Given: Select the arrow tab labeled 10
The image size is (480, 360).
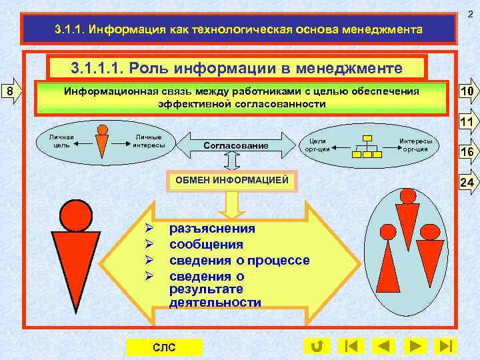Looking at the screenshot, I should point(467,92).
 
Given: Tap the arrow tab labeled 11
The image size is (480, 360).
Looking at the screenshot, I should point(467,123).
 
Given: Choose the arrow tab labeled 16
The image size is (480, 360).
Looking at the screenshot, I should point(467,153).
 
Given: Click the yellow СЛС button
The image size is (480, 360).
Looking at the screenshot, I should point(164,347).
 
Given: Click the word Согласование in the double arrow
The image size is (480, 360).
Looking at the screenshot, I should point(235,145).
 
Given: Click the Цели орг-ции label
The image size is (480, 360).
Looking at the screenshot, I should point(317,145).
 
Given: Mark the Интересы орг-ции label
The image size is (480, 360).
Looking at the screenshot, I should point(415,145).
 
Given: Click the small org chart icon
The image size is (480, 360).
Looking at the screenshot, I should point(367,145).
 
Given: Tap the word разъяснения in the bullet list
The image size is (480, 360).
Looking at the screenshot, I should point(212,229).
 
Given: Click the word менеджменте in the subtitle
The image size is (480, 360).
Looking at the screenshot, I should point(355,67).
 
